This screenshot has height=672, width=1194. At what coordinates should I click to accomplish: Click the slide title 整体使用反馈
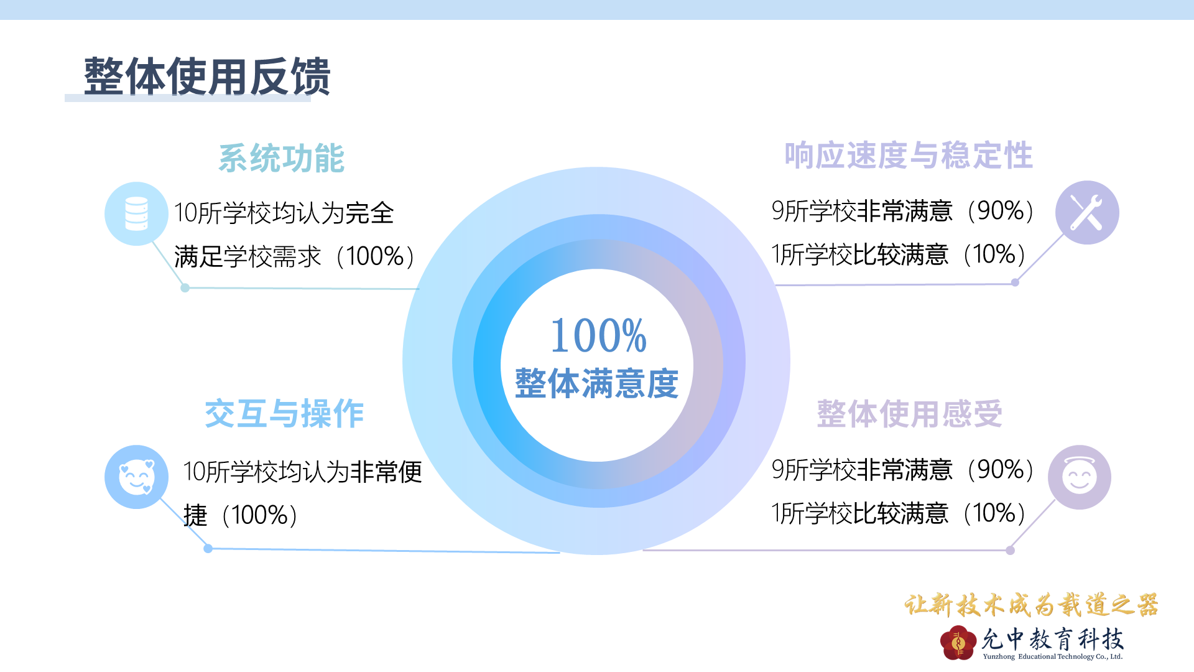point(207,77)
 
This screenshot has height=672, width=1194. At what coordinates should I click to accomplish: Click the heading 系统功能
point(281,158)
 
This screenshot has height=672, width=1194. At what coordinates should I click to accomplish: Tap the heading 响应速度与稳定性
point(909,156)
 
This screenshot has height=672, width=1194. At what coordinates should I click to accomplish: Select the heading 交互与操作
point(284,414)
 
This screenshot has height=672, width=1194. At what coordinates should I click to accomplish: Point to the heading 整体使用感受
point(910,414)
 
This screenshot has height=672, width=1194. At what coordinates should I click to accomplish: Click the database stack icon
point(136,213)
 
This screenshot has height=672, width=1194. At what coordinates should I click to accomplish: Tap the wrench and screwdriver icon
point(1087,213)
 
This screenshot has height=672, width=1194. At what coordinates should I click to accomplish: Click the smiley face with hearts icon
point(136,477)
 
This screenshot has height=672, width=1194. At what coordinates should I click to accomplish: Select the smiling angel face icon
point(1080,477)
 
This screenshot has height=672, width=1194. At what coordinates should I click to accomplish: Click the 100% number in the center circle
point(598,335)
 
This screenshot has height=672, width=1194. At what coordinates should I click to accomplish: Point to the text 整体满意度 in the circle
point(596,383)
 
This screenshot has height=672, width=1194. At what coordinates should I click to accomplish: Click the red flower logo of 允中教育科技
point(958,643)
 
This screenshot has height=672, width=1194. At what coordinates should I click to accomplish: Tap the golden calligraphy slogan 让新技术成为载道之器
point(1032,605)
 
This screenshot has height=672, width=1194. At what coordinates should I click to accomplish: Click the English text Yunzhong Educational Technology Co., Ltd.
point(1053,656)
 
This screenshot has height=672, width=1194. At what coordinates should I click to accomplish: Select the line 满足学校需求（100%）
point(294,256)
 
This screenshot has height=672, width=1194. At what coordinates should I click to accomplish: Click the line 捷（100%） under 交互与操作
point(241,515)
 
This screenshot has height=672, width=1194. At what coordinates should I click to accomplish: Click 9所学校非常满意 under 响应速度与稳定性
point(862,211)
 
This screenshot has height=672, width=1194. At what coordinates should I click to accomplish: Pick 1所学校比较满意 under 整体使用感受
point(859,513)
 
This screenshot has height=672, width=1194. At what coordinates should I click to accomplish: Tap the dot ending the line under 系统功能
point(185,287)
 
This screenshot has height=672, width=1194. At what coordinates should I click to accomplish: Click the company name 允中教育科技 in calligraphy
point(1053,638)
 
